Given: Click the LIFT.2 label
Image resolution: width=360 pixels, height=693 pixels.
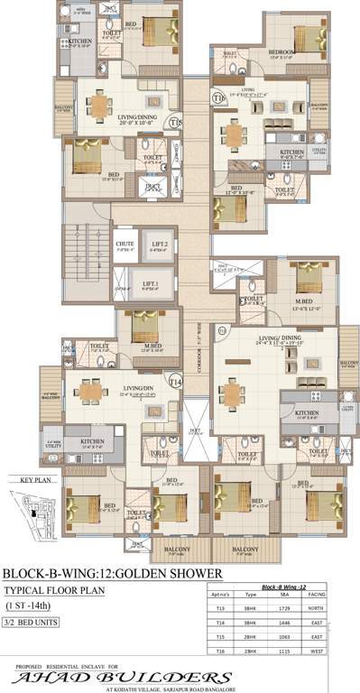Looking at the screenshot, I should click(160, 245).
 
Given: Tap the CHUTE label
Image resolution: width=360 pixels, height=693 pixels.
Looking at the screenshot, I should click(125, 245).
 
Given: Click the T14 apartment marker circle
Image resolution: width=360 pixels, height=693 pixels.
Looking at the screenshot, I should click(175, 383).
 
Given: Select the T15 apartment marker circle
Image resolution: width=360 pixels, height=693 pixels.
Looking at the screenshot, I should click(175, 122).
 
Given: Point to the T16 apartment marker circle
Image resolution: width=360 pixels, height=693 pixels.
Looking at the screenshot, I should click(219, 97).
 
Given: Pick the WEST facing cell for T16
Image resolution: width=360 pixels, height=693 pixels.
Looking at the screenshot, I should click(316, 651).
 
